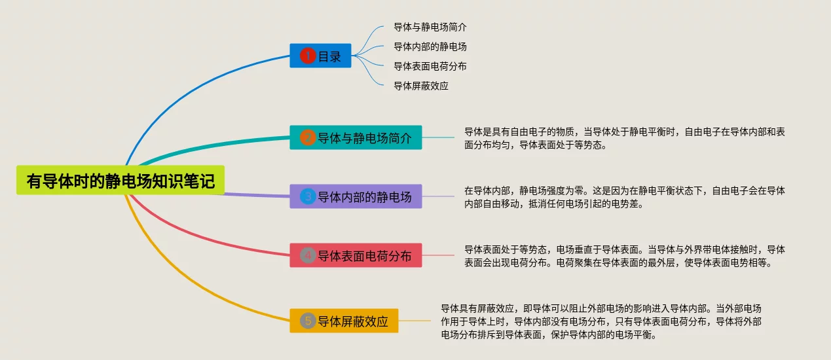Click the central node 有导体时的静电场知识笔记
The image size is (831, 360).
click(120, 180)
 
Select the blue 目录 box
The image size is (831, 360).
click(320, 56)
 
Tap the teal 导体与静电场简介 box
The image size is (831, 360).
click(356, 137)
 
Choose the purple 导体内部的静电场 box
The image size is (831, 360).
click(356, 196)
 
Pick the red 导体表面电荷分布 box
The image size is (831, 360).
click(356, 255)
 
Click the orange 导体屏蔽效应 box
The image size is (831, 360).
click(344, 321)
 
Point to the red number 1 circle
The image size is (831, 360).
click(308, 56)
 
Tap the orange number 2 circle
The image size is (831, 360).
click(308, 137)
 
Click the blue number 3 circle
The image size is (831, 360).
click(308, 196)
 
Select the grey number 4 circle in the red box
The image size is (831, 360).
click(308, 255)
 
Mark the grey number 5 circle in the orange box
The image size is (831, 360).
click(308, 321)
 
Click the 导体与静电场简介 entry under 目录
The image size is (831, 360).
click(430, 27)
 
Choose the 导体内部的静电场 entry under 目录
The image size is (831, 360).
click(430, 47)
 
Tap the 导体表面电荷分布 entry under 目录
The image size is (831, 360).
click(430, 66)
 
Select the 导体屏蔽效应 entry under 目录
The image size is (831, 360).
click(420, 86)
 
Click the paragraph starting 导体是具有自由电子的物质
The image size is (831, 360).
click(624, 138)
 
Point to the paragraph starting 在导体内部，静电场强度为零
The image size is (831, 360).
click(624, 197)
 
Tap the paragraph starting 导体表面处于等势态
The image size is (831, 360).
click(624, 256)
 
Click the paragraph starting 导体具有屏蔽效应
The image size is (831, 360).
click(600, 321)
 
